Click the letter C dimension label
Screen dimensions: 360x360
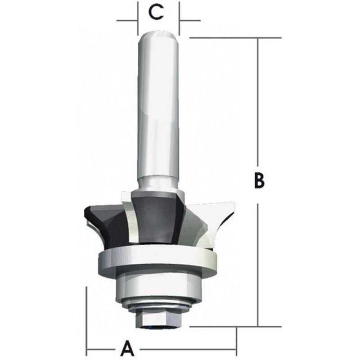point(156,12)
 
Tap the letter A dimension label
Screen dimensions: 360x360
point(128,348)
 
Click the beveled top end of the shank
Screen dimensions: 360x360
point(158,34)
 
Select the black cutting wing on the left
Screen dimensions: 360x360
point(101,220)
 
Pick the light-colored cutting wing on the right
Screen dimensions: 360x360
point(214,220)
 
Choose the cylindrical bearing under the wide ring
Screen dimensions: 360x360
point(157,288)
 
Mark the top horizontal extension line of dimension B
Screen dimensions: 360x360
point(234,38)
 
